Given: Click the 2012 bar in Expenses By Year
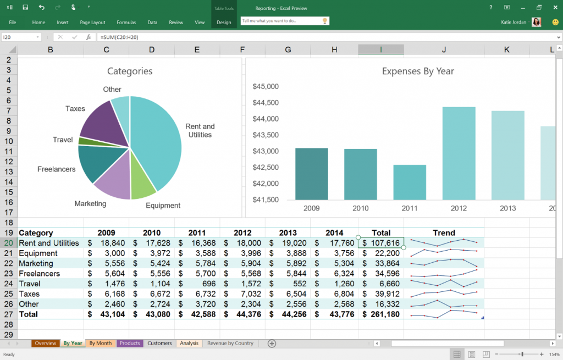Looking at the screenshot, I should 459,153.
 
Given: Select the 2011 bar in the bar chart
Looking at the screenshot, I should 410,182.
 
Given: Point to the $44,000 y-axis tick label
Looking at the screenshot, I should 266,119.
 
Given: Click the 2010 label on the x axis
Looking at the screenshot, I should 361,208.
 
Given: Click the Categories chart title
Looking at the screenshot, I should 130,71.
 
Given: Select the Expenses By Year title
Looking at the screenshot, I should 418,71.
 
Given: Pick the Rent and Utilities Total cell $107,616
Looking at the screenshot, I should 381,243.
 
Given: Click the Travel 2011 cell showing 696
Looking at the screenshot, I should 197,284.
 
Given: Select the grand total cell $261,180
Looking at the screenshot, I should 381,314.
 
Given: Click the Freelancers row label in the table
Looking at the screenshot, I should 40,274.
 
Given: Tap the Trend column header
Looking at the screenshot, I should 444,232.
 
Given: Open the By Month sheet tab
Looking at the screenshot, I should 100,344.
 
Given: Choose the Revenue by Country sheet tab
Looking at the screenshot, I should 230,344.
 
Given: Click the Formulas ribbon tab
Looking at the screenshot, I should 126,23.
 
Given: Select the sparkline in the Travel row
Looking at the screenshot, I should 444,284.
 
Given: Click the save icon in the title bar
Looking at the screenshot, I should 25,8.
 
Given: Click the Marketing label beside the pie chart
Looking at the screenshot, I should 90,204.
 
